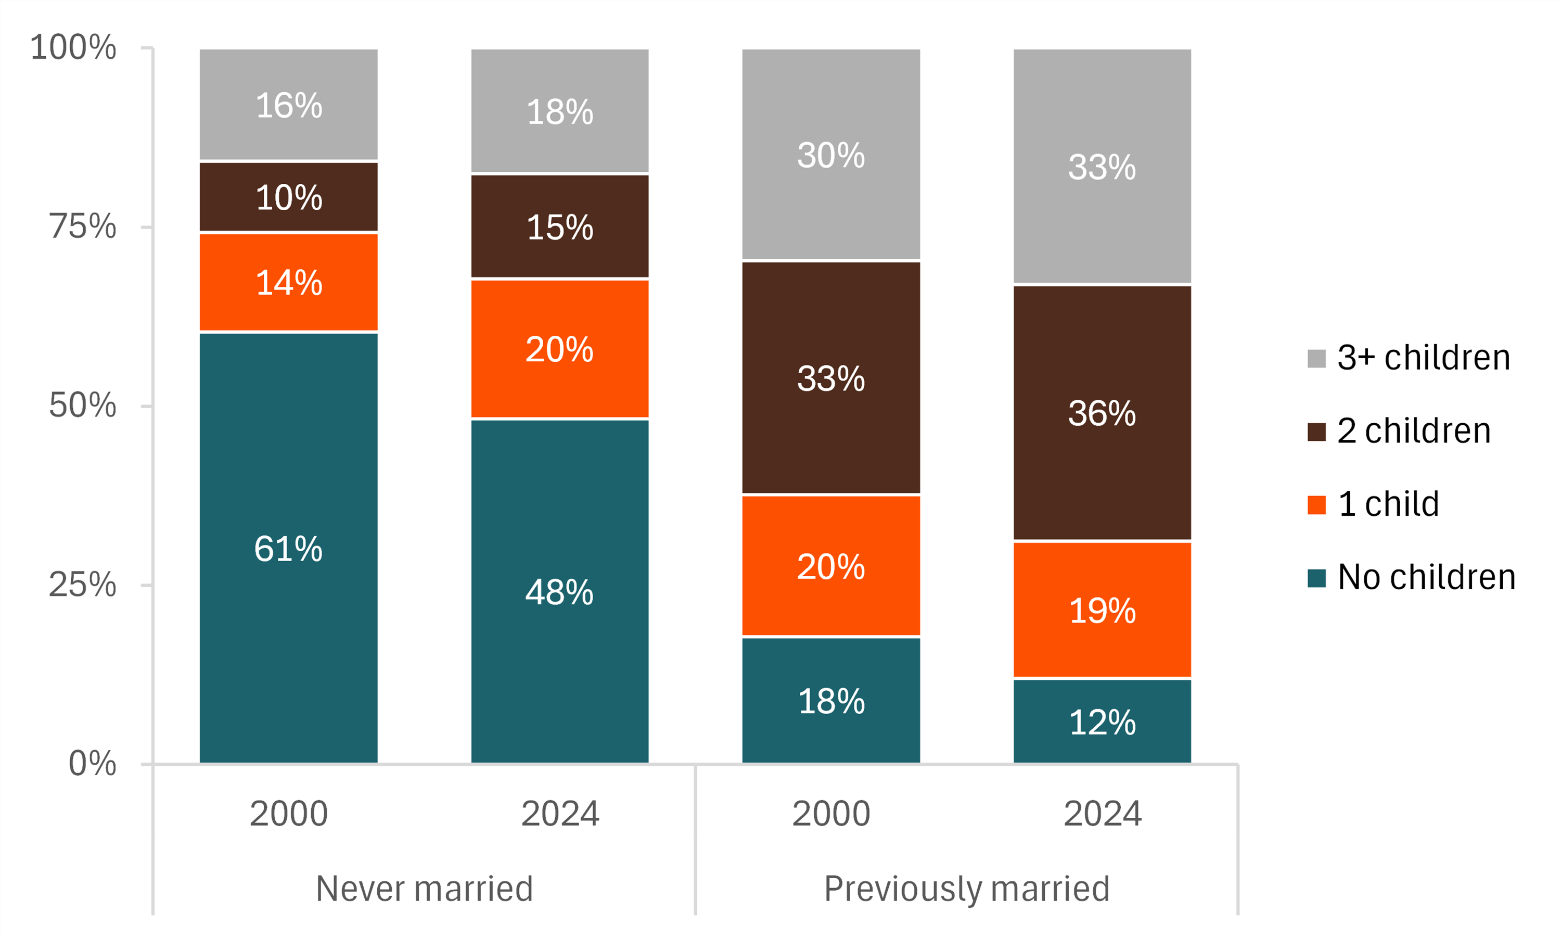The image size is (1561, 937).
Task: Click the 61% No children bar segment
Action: click(x=288, y=548)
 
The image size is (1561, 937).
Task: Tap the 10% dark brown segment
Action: click(x=288, y=197)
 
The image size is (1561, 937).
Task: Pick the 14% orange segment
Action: click(x=288, y=282)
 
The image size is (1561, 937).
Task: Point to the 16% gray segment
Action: click(x=288, y=105)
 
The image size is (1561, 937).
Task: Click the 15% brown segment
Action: click(x=560, y=226)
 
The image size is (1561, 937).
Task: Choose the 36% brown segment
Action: click(x=1102, y=413)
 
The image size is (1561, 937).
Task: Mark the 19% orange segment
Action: click(x=1102, y=610)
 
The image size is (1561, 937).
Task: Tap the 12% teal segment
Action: click(x=1102, y=721)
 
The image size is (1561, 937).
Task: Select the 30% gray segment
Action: click(x=830, y=155)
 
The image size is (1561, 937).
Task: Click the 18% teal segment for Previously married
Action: click(x=830, y=700)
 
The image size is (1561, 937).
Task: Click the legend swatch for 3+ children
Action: click(x=1316, y=358)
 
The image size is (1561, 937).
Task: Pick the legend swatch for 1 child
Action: click(x=1316, y=504)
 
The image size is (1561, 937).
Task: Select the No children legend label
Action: click(x=1426, y=577)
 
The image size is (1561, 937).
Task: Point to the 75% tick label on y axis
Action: click(x=83, y=226)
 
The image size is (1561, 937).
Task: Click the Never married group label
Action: click(x=424, y=889)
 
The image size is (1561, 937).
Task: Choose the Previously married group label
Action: click(x=967, y=889)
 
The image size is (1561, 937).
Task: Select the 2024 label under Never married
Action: click(x=560, y=813)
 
